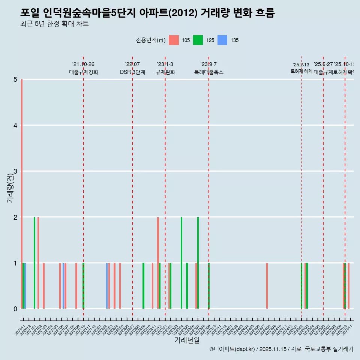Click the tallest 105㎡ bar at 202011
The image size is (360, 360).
coord(22,194)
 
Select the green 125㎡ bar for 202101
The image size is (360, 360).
coord(34,262)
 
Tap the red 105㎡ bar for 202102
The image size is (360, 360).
coord(38,262)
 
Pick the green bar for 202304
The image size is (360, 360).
coord(181,262)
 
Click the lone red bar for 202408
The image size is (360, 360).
coord(267,286)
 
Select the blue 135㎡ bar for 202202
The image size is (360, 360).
coord(107,286)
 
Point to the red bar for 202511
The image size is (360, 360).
coord(349,286)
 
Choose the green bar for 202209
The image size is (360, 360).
coord(143,286)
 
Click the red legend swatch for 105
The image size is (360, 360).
coord(174,40)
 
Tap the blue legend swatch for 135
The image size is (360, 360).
coord(222,40)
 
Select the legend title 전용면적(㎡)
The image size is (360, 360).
coord(151,40)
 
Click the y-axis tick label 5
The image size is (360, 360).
coord(15,79)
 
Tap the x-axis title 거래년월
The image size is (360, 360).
coord(187,340)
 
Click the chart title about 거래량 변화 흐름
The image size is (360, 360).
coord(147,13)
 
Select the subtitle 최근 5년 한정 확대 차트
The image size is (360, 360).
coord(54,24)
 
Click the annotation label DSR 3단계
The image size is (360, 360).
coord(132,72)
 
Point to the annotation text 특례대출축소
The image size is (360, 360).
coord(208,72)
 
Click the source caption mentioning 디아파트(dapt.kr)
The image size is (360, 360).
coord(281,349)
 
